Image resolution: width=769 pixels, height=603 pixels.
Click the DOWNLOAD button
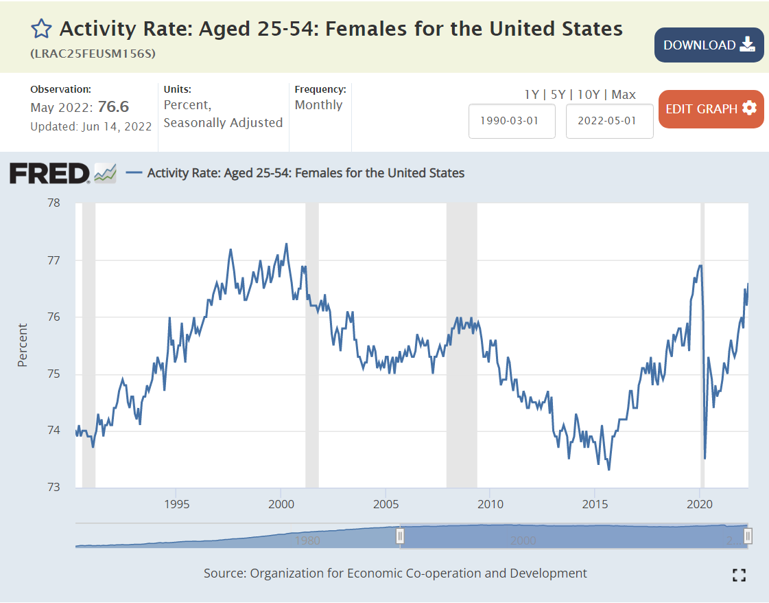click(709, 45)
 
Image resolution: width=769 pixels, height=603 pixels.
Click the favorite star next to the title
click(41, 29)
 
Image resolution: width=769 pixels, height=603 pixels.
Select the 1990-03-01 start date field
click(512, 121)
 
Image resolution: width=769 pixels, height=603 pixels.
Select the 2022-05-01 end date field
click(609, 121)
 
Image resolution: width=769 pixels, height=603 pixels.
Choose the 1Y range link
click(531, 95)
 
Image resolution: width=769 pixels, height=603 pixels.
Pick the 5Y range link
click(558, 95)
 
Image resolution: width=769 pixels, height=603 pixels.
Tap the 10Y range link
click(589, 95)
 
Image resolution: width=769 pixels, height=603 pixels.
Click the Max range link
click(624, 95)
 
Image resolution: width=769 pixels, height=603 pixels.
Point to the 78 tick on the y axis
click(53, 203)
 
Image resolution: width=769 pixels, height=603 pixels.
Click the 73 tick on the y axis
click(53, 488)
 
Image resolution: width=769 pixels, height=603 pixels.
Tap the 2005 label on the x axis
click(386, 505)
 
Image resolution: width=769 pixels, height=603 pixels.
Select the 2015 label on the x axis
click(595, 505)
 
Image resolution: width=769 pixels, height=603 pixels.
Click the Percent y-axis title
click(23, 345)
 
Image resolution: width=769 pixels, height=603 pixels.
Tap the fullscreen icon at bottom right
click(739, 576)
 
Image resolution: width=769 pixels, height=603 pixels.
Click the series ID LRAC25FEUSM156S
click(93, 54)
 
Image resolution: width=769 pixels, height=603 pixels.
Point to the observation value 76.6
click(113, 107)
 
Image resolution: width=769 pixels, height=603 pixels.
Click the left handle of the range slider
click(400, 536)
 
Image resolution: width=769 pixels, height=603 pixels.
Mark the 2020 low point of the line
click(705, 458)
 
